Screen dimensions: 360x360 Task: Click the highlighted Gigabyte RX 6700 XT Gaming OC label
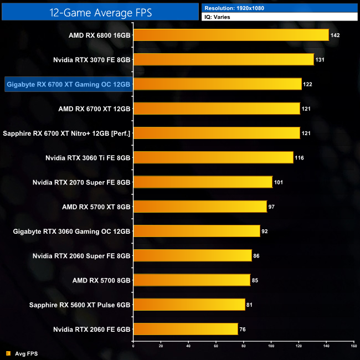pyautogui.click(x=68, y=85)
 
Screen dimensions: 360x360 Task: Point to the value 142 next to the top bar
pyautogui.click(x=335, y=35)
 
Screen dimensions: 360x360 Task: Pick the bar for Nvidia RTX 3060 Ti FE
pyautogui.click(x=213, y=158)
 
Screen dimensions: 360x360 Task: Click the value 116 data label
pyautogui.click(x=300, y=158)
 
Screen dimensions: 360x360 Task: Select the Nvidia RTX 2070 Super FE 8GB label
pyautogui.click(x=81, y=182)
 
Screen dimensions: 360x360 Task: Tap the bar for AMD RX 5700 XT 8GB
pyautogui.click(x=200, y=207)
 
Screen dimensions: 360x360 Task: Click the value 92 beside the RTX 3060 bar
pyautogui.click(x=265, y=231)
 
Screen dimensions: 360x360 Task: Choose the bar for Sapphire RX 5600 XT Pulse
pyautogui.click(x=189, y=305)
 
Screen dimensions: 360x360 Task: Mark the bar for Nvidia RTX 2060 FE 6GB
pyautogui.click(x=186, y=329)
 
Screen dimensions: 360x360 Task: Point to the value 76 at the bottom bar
pyautogui.click(x=243, y=329)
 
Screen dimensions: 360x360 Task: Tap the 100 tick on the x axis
pyautogui.click(x=271, y=347)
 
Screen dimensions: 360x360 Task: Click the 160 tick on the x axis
pyautogui.click(x=353, y=347)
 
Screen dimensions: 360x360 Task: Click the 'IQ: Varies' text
pyautogui.click(x=218, y=17)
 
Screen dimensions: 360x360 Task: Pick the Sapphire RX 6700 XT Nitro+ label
pyautogui.click(x=66, y=133)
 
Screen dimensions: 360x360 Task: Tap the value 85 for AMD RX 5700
pyautogui.click(x=255, y=280)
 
